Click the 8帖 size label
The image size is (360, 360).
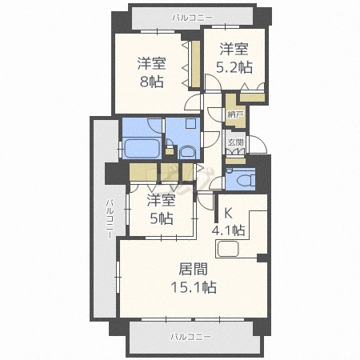[152, 82]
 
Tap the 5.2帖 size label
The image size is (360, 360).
[234, 67]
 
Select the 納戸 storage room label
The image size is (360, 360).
[235, 114]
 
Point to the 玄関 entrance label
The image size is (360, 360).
[236, 142]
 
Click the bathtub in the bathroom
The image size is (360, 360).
[142, 149]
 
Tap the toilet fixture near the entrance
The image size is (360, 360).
[246, 179]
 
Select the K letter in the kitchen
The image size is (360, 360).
[227, 213]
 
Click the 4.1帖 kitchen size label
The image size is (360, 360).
[228, 230]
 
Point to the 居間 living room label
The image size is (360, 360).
[193, 269]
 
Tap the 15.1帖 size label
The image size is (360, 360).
[194, 287]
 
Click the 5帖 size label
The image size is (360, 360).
[161, 218]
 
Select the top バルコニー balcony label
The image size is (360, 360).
[192, 18]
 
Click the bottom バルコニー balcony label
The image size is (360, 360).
[191, 337]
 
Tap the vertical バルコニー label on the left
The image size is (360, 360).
[110, 219]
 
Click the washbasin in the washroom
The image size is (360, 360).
[187, 153]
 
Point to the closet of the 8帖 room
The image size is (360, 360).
[196, 64]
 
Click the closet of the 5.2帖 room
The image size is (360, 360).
[252, 98]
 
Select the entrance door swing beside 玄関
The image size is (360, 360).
[258, 144]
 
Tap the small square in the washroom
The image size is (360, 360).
[191, 123]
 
